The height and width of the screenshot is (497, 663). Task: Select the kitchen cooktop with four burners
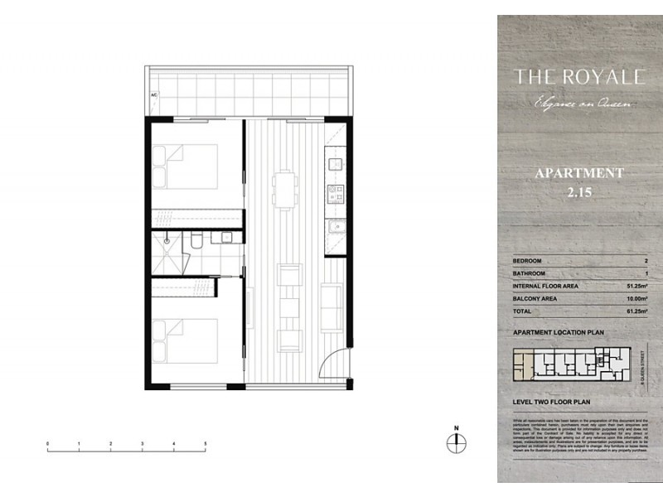[336, 195]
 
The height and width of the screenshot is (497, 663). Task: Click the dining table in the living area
[287, 189]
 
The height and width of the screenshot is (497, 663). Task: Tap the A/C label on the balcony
[153, 95]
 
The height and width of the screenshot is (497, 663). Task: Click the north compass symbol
[455, 442]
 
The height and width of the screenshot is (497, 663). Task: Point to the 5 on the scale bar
[205, 445]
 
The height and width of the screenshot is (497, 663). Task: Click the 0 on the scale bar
[48, 445]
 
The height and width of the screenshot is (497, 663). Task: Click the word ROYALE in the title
[599, 77]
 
